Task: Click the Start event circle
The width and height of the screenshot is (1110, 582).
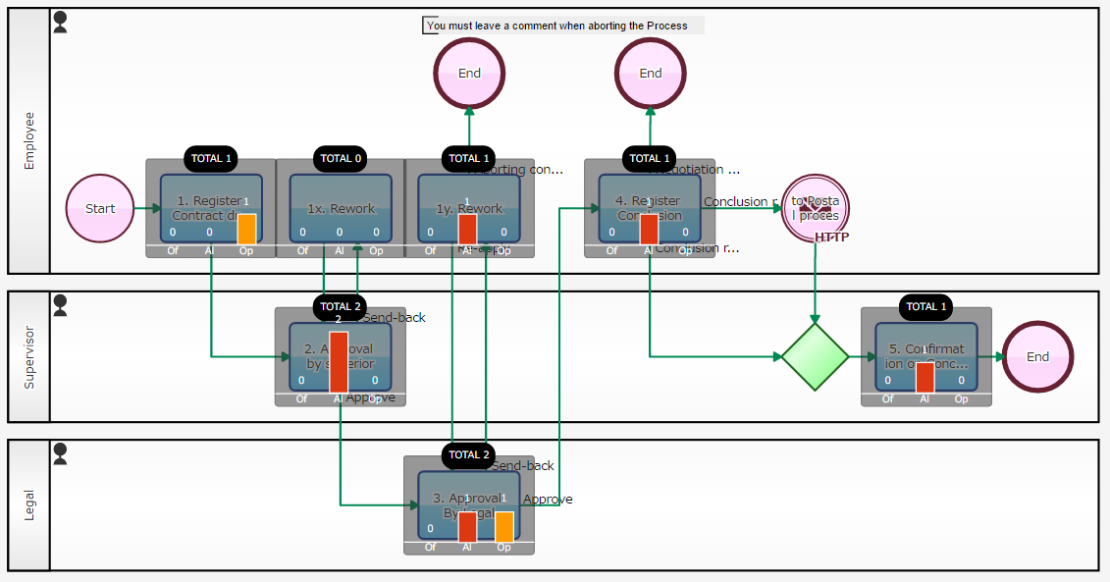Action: pyautogui.click(x=100, y=208)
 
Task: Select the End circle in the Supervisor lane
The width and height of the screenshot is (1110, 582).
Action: pyautogui.click(x=1037, y=357)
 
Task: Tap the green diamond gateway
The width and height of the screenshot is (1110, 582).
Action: pyautogui.click(x=815, y=357)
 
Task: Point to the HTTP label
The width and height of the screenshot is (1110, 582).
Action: pyautogui.click(x=831, y=238)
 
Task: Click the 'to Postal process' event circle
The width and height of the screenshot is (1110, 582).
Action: pyautogui.click(x=815, y=208)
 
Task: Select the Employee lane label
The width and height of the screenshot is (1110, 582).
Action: pyautogui.click(x=28, y=140)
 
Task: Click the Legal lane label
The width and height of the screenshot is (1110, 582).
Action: pyautogui.click(x=28, y=504)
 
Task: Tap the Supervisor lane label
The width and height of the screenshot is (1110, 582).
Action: pyautogui.click(x=28, y=356)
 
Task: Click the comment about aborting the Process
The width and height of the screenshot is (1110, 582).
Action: pyautogui.click(x=562, y=26)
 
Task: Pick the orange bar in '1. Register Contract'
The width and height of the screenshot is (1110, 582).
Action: pyautogui.click(x=246, y=229)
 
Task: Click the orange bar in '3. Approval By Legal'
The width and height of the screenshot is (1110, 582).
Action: pyautogui.click(x=503, y=525)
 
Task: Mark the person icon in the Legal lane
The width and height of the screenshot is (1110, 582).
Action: pyautogui.click(x=60, y=453)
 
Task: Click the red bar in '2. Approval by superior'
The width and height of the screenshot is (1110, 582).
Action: pyautogui.click(x=338, y=362)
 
